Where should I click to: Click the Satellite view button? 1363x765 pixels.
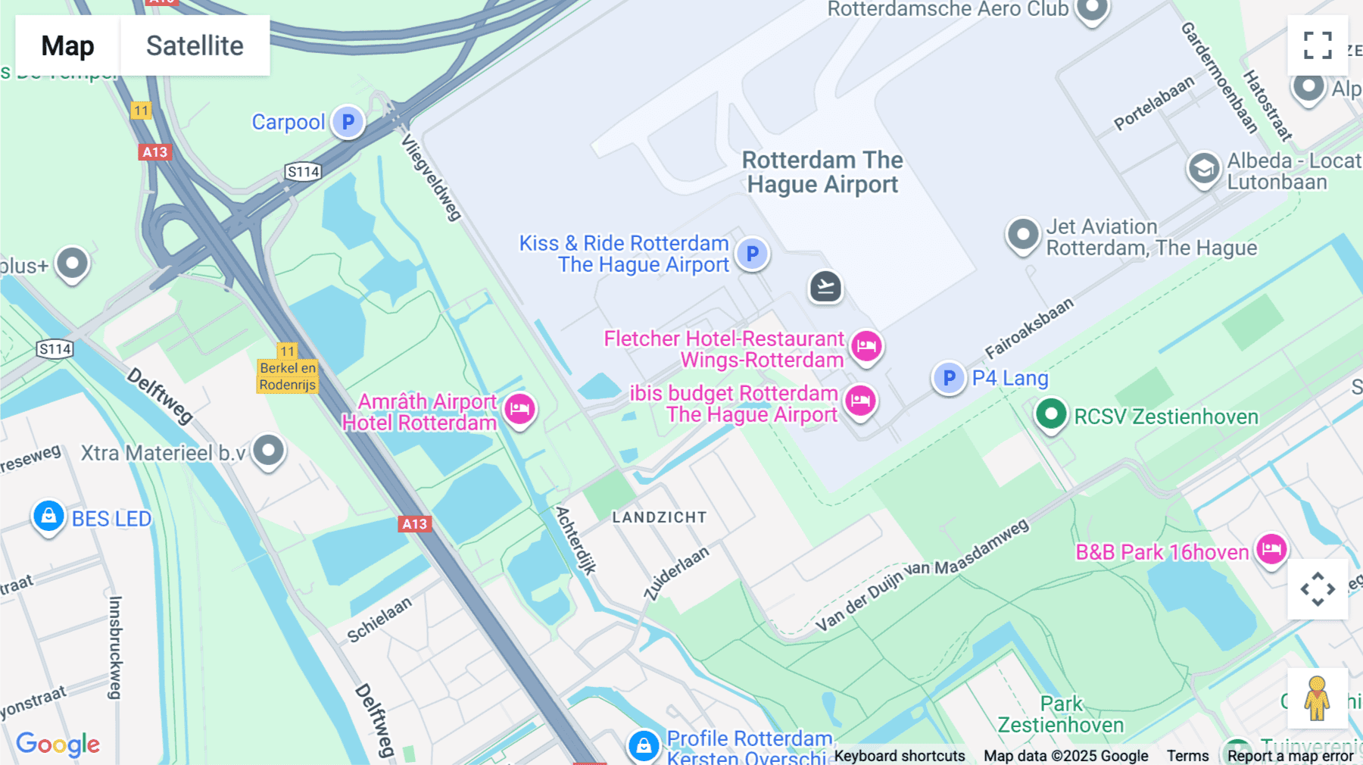(x=195, y=45)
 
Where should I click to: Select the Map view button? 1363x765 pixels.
(x=67, y=45)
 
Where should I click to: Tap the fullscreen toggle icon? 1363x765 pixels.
(x=1318, y=45)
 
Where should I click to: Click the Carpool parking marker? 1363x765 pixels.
(x=348, y=122)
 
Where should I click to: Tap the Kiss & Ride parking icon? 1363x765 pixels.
(x=752, y=254)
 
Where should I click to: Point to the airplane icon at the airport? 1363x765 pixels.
(x=825, y=287)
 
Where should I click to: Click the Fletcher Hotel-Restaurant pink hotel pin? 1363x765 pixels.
(x=866, y=346)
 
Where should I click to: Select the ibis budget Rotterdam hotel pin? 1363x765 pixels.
(x=860, y=401)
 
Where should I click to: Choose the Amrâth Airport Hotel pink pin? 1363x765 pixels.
(x=519, y=409)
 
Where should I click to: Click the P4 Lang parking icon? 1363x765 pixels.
(x=949, y=377)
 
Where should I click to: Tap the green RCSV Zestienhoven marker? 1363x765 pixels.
(x=1050, y=414)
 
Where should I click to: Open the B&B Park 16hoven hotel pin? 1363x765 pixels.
(x=1271, y=548)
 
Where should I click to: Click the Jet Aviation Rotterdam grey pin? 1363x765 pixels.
(x=1022, y=234)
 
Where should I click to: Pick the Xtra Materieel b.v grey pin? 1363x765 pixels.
(x=268, y=451)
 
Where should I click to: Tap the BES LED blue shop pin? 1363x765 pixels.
(x=48, y=517)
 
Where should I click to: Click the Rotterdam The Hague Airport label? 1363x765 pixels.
(x=822, y=173)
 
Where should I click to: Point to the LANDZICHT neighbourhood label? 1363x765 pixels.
(x=659, y=517)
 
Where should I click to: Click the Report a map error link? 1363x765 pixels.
(x=1290, y=755)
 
